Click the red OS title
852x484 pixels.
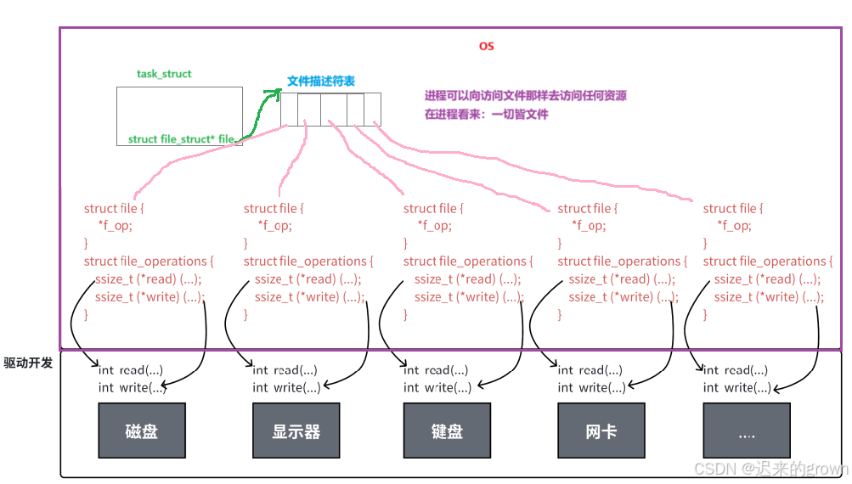click(x=486, y=46)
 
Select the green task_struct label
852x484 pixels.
click(x=164, y=74)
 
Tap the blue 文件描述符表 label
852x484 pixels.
click(x=321, y=82)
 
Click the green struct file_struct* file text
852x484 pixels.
click(x=181, y=139)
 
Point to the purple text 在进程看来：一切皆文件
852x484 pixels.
click(x=487, y=114)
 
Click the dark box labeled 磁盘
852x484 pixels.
click(x=142, y=431)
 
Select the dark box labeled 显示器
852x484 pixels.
click(x=296, y=431)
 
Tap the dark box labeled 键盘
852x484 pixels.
click(x=447, y=431)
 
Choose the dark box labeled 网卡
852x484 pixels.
click(x=601, y=431)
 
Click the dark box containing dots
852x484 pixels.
click(x=747, y=431)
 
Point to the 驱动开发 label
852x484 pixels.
click(x=28, y=363)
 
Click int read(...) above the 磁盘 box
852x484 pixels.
click(x=131, y=370)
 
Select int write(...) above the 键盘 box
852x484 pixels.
click(x=437, y=388)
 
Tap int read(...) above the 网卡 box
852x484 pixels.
click(x=590, y=370)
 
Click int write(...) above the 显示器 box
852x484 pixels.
click(x=287, y=388)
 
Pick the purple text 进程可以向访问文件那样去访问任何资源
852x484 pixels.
click(x=526, y=96)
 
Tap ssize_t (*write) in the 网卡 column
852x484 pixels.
click(x=623, y=297)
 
